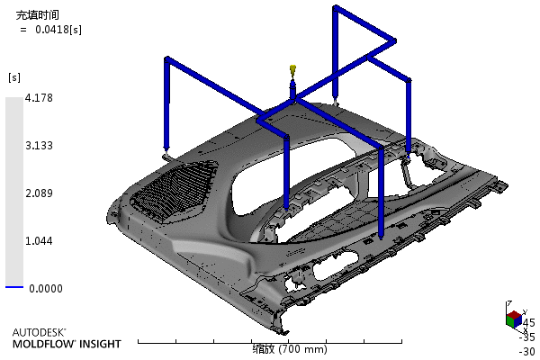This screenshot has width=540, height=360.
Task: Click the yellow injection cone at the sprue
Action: (293, 69)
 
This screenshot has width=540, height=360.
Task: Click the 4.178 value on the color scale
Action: (39, 98)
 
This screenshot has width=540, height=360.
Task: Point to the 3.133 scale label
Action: (39, 146)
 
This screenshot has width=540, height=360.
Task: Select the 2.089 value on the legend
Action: (39, 193)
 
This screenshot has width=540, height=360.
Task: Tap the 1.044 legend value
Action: (39, 241)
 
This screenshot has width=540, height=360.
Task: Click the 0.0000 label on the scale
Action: (46, 289)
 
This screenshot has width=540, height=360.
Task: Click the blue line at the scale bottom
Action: (14, 286)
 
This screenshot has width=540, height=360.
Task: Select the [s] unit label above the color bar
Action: (14, 77)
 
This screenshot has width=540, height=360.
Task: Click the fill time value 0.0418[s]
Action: (58, 30)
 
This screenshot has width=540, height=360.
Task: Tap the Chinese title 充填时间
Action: (38, 15)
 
